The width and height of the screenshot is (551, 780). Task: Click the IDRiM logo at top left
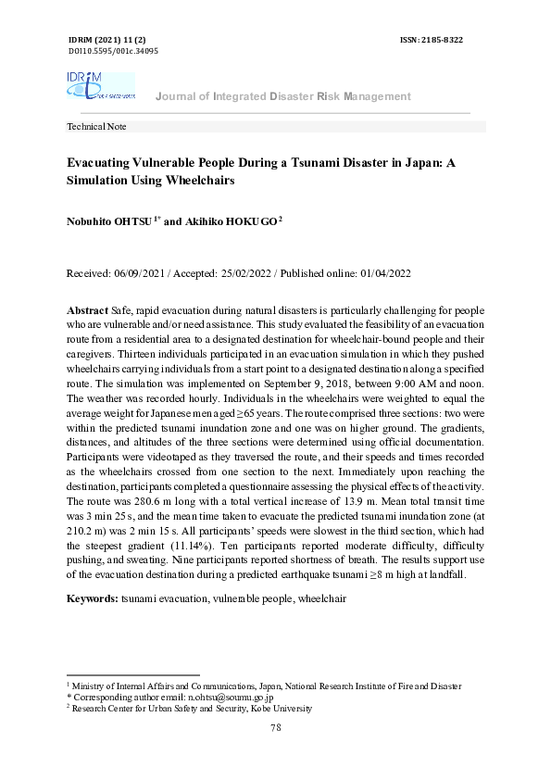pos(100,85)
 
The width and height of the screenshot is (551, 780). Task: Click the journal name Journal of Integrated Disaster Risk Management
pos(282,96)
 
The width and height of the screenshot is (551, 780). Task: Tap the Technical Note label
pos(97,127)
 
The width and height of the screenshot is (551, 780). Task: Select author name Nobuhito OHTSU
pos(112,222)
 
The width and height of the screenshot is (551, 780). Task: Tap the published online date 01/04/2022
pos(383,274)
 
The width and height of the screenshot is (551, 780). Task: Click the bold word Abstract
pos(88,308)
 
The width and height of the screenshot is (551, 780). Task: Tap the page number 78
pos(275,728)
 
